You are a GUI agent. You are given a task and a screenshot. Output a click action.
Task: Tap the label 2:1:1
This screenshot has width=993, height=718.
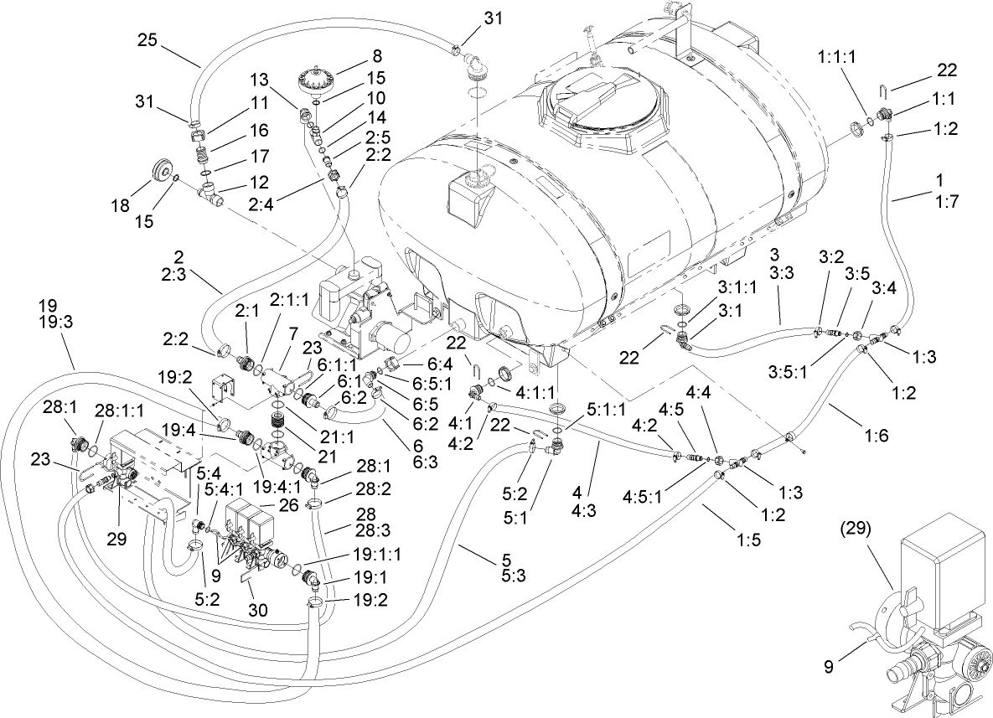click(x=288, y=300)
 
